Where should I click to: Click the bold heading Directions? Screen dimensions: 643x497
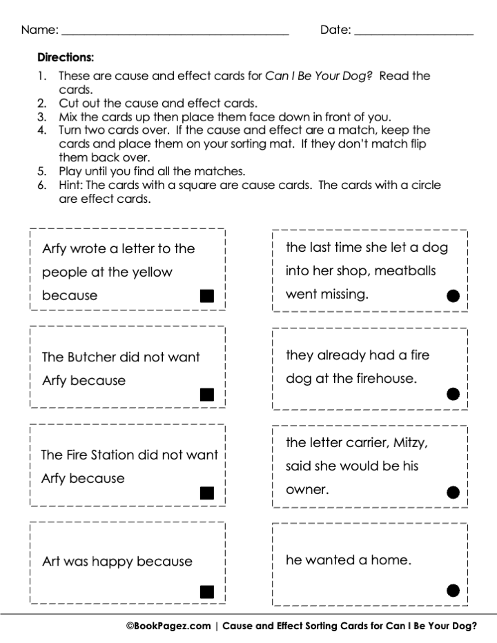(65, 57)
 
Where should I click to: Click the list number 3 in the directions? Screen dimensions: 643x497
(41, 117)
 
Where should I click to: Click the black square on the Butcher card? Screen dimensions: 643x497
(206, 395)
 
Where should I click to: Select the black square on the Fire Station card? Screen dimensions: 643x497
(206, 493)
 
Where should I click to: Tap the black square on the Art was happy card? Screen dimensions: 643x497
(206, 591)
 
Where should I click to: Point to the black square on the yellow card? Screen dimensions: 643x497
(206, 296)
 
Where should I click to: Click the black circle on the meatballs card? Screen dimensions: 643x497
(453, 296)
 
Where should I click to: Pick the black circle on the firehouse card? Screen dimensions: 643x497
(453, 394)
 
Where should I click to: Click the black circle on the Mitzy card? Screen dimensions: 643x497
(453, 492)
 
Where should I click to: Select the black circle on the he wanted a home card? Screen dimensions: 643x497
(453, 590)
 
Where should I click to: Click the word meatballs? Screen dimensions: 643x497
(406, 271)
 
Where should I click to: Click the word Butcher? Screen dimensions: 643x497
(92, 357)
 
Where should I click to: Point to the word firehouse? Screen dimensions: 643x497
(382, 379)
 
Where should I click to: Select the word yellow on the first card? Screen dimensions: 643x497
(149, 272)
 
